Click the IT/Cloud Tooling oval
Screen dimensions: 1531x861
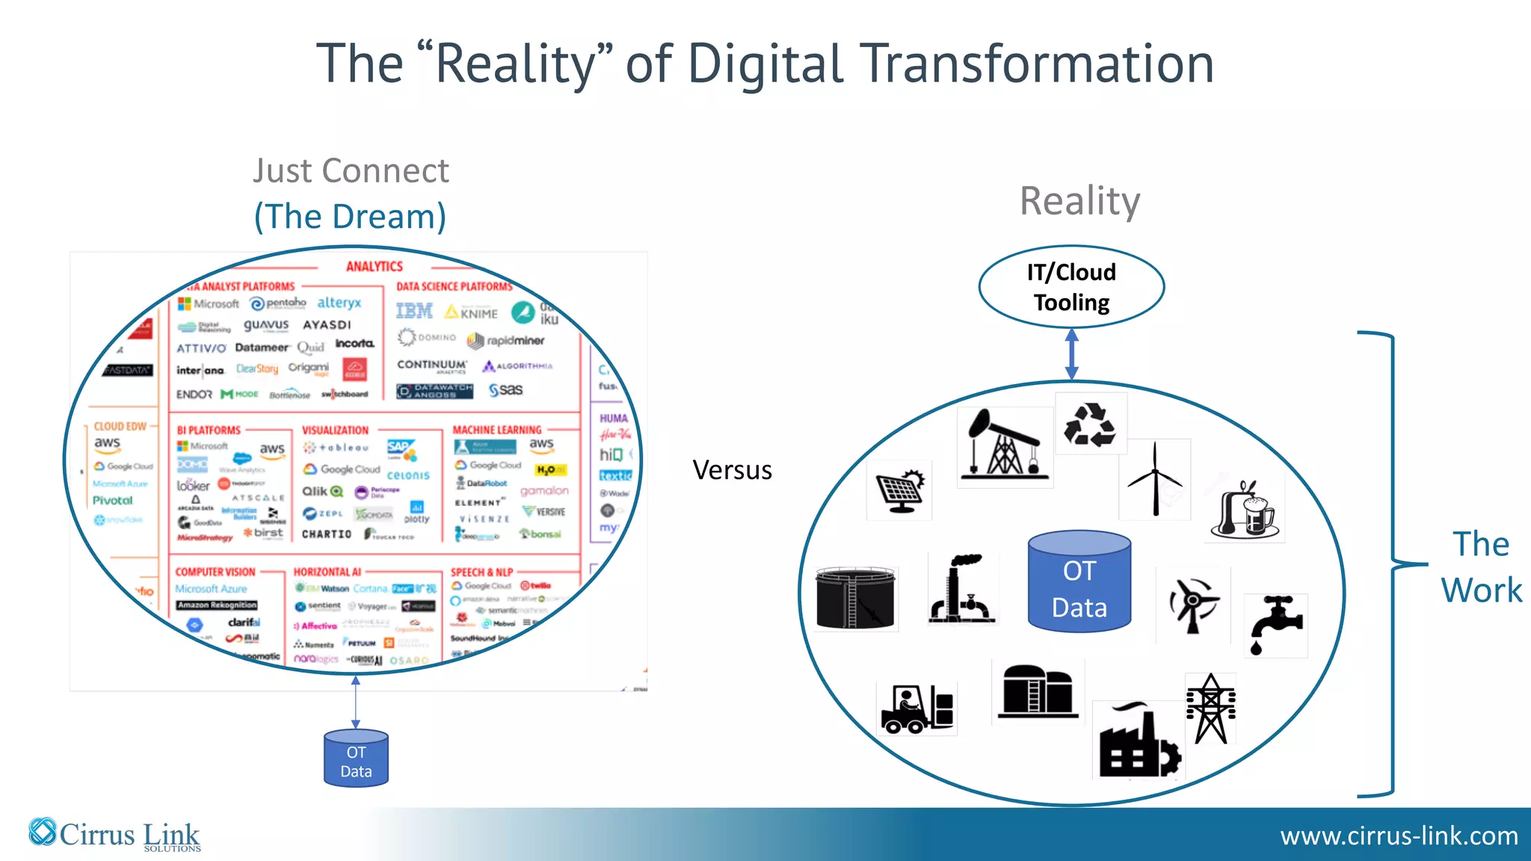(1071, 287)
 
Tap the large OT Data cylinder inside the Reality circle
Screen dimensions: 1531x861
(1079, 582)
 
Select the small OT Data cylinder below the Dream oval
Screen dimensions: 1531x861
(356, 759)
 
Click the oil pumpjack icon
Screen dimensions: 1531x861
(1004, 445)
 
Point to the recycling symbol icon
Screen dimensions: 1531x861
(1090, 424)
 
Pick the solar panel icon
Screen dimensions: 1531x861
(900, 490)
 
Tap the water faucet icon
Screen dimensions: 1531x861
(1275, 625)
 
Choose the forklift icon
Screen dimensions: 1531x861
(917, 709)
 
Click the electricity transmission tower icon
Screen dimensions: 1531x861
(1210, 709)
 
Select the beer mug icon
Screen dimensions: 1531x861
(1246, 510)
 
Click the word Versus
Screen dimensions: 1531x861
(732, 470)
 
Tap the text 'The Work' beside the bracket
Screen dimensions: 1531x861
(1481, 567)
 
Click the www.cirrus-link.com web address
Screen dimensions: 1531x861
(1399, 836)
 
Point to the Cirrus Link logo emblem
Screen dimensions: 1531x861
(43, 832)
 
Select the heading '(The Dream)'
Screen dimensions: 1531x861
(350, 217)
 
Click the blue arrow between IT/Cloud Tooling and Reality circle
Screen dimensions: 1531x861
(1071, 354)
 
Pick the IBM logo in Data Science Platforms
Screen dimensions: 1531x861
(414, 311)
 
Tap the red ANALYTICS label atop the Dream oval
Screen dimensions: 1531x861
(374, 267)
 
